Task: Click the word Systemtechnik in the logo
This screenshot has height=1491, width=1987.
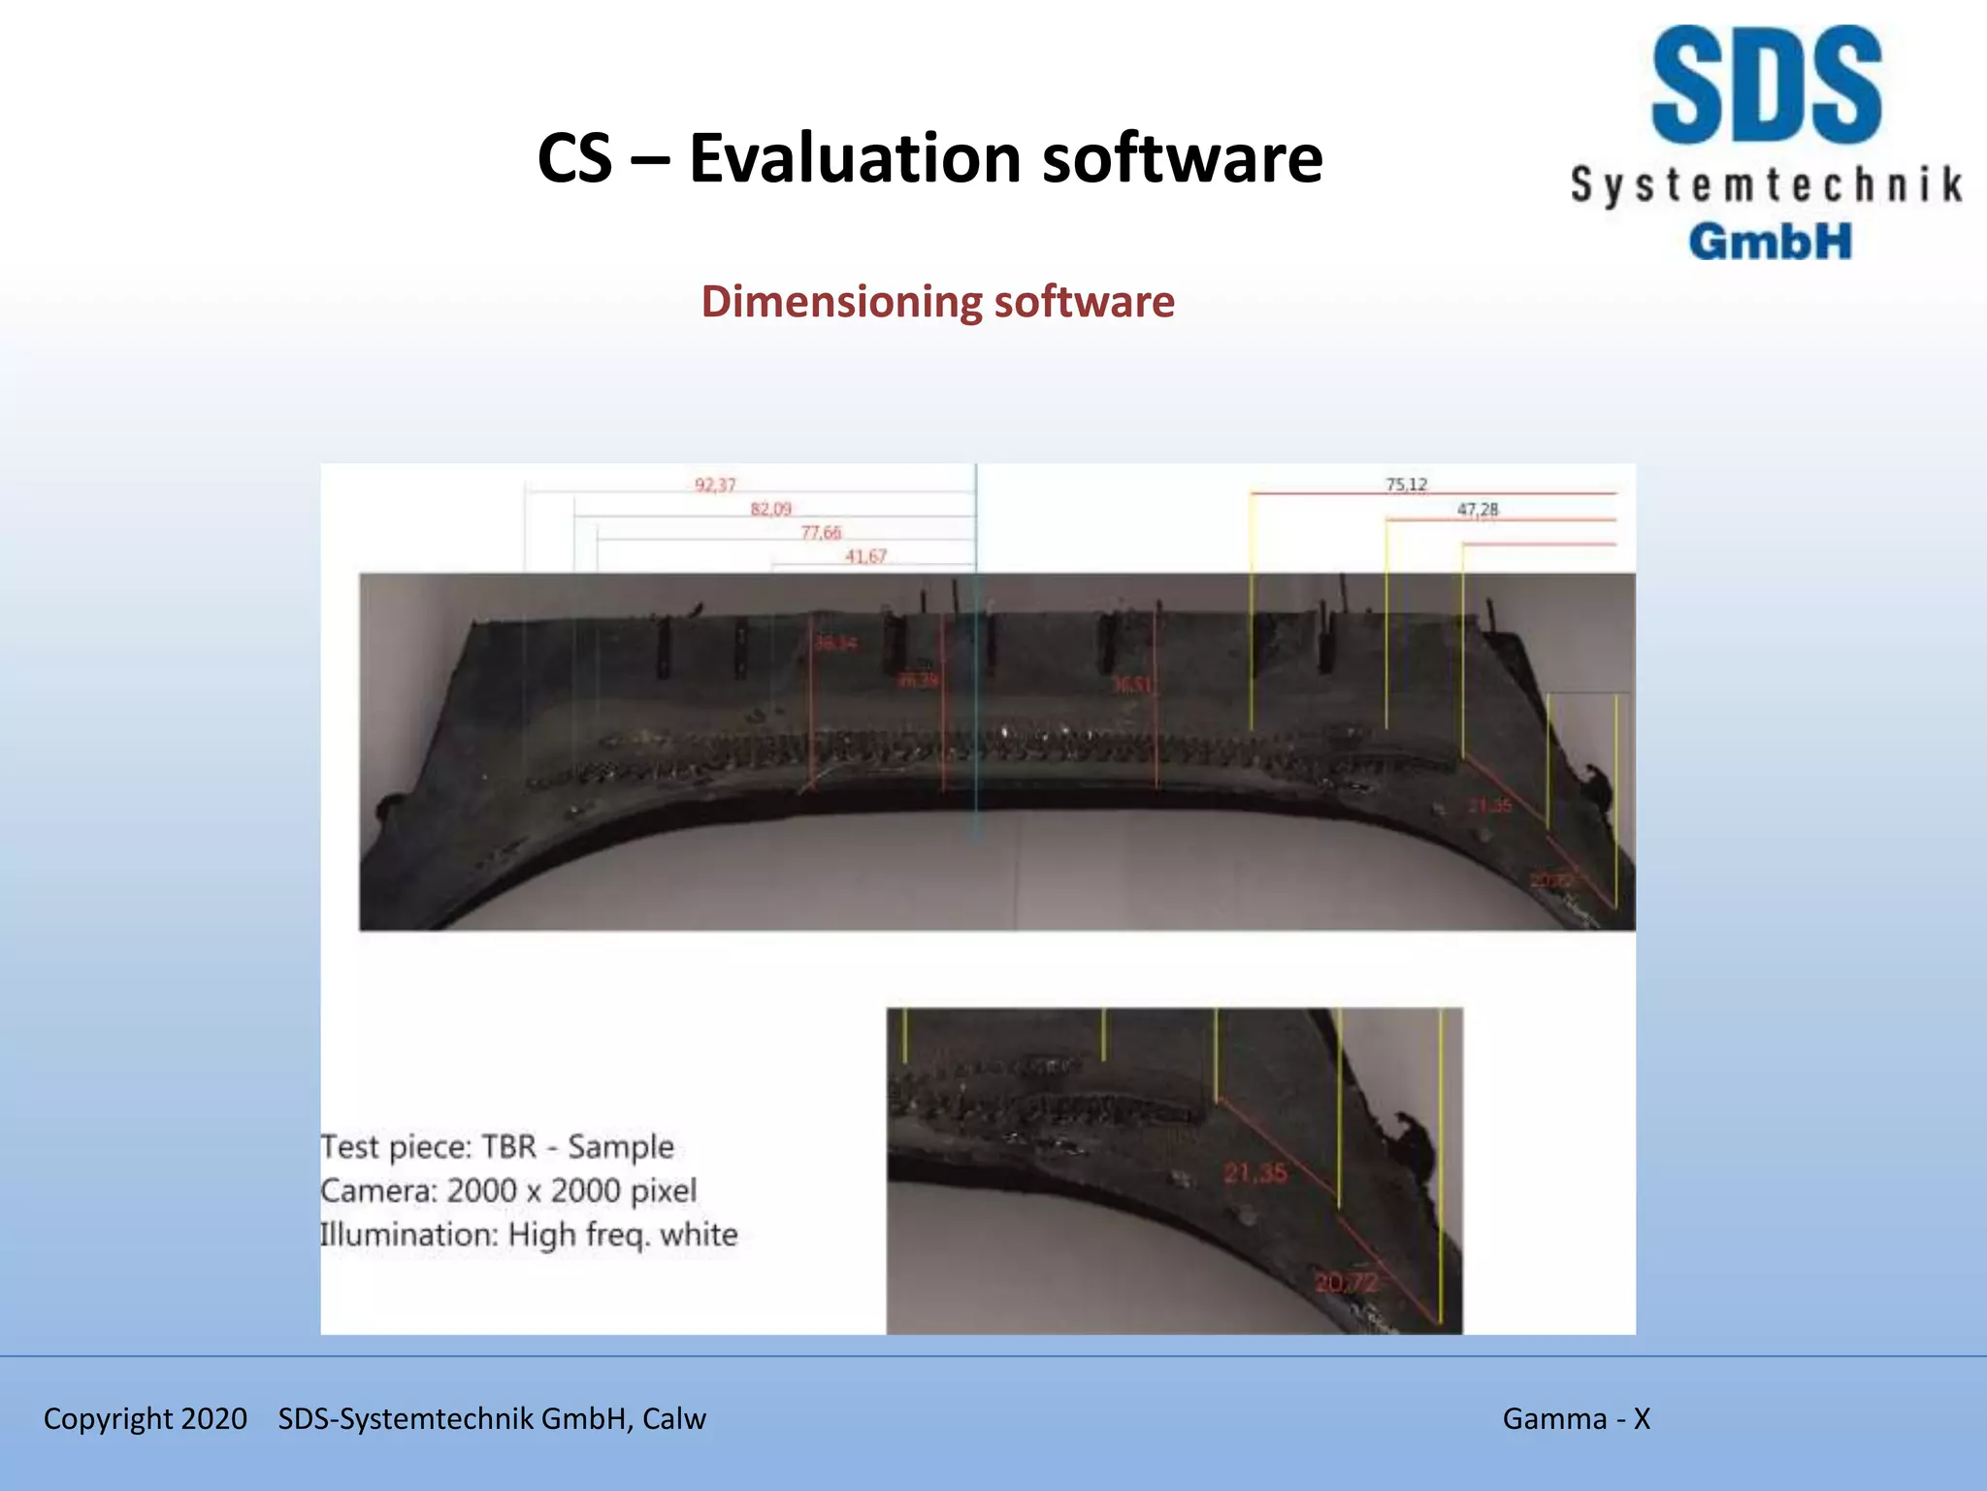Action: pyautogui.click(x=1766, y=184)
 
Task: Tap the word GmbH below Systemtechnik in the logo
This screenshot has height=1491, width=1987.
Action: pyautogui.click(x=1770, y=241)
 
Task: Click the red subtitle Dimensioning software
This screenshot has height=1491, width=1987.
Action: pyautogui.click(x=937, y=301)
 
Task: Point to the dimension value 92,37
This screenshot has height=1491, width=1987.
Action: pyautogui.click(x=715, y=484)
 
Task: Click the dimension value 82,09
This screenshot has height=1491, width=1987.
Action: pyautogui.click(x=770, y=509)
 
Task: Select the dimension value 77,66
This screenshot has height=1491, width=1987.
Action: pyautogui.click(x=821, y=532)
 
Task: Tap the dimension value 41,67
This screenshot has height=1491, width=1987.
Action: pyautogui.click(x=865, y=556)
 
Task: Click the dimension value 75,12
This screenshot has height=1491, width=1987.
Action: pyautogui.click(x=1406, y=484)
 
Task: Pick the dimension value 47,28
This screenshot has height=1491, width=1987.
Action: pyautogui.click(x=1477, y=509)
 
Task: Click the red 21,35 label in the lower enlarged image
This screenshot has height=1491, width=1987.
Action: pyautogui.click(x=1254, y=1174)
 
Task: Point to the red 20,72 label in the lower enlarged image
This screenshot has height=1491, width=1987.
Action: pyautogui.click(x=1346, y=1282)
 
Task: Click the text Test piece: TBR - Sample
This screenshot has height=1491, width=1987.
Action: pyautogui.click(x=497, y=1146)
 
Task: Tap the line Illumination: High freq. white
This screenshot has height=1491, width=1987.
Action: pyautogui.click(x=529, y=1235)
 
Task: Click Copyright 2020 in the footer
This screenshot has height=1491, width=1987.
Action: pyautogui.click(x=146, y=1418)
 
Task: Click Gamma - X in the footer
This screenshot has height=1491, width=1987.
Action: pyautogui.click(x=1576, y=1418)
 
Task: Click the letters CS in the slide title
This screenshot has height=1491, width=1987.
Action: pyautogui.click(x=574, y=158)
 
